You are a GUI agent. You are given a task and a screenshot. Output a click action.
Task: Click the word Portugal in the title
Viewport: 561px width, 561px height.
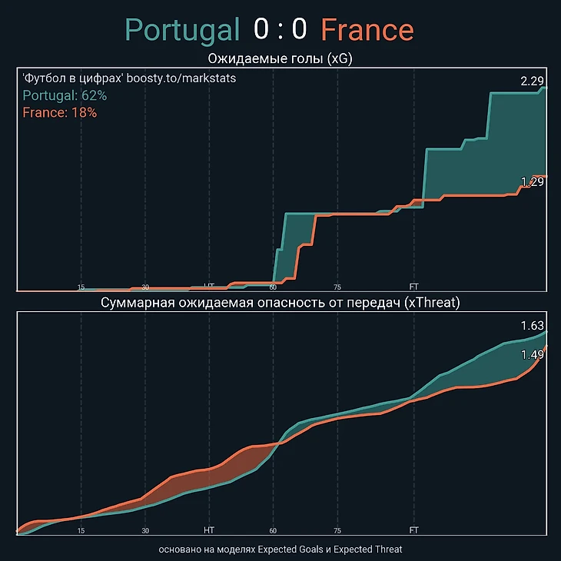183,30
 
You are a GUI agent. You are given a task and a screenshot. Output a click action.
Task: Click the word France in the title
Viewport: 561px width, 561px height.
367,30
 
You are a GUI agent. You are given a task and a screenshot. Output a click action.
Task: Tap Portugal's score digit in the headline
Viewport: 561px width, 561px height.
262,30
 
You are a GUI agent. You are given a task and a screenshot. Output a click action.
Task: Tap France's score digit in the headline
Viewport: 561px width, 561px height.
299,30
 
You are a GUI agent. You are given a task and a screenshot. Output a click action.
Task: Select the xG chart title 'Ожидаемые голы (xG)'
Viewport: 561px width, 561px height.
280,59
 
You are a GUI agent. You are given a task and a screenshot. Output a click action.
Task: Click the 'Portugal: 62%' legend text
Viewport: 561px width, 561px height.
65,96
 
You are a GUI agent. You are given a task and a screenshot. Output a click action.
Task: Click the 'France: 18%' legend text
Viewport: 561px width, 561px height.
60,112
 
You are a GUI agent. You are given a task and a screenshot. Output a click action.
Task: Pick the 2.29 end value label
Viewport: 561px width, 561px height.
532,81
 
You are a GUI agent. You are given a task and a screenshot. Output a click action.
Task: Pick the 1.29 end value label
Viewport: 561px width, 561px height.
532,182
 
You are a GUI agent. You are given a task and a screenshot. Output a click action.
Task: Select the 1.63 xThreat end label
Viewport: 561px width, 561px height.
532,327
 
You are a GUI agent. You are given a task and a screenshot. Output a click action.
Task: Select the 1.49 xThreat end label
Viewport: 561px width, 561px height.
532,354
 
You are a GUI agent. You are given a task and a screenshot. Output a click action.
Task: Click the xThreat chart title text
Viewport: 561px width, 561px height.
280,303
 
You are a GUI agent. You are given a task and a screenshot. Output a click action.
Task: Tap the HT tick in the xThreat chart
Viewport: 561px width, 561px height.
209,530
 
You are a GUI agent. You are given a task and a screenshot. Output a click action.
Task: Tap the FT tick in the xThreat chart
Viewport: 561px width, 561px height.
414,530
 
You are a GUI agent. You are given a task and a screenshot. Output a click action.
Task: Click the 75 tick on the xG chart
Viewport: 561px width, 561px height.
337,287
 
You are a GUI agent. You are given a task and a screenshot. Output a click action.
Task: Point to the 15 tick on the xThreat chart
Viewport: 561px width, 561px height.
81,530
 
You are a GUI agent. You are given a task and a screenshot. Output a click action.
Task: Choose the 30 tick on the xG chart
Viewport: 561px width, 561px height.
145,287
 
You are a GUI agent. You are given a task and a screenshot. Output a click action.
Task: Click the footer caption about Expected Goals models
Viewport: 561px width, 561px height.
280,549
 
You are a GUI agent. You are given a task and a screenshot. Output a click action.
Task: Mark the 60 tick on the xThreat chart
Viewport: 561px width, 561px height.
273,530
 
